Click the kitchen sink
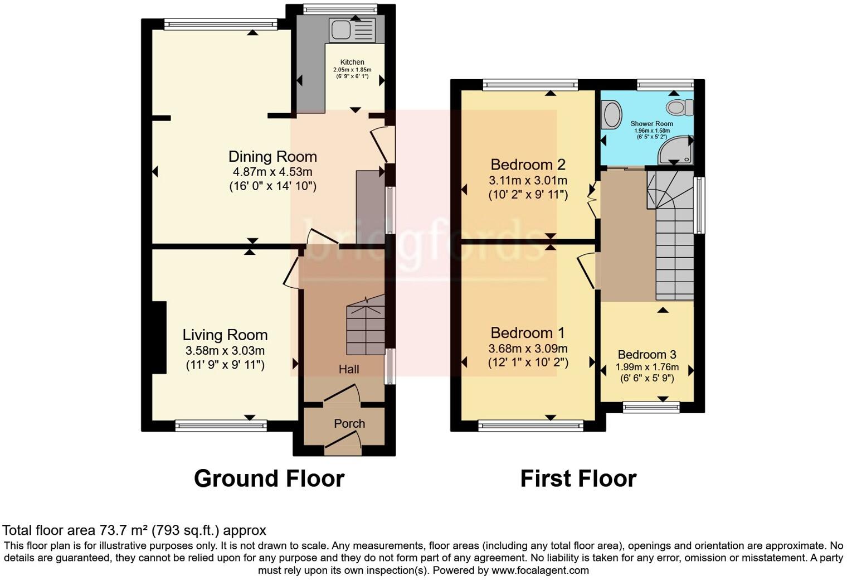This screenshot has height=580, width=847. tap(353, 30)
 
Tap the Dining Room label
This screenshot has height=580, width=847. tap(272, 157)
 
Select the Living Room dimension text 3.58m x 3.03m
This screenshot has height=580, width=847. tap(225, 351)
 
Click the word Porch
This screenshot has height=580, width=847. tap(349, 424)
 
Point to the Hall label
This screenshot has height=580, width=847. tap(349, 369)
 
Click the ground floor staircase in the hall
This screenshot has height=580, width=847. tap(366, 329)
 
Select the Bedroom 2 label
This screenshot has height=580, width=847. tap(528, 165)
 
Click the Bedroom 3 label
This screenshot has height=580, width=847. tap(647, 355)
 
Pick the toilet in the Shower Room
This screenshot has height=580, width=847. tap(680, 107)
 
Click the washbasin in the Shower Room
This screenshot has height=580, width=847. tap(612, 114)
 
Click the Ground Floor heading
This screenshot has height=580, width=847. tap(269, 478)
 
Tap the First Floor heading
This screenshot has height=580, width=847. tap(578, 478)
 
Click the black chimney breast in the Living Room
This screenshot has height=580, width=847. tap(159, 337)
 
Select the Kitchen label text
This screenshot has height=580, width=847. tap(352, 62)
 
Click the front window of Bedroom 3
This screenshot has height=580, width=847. tap(651, 408)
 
